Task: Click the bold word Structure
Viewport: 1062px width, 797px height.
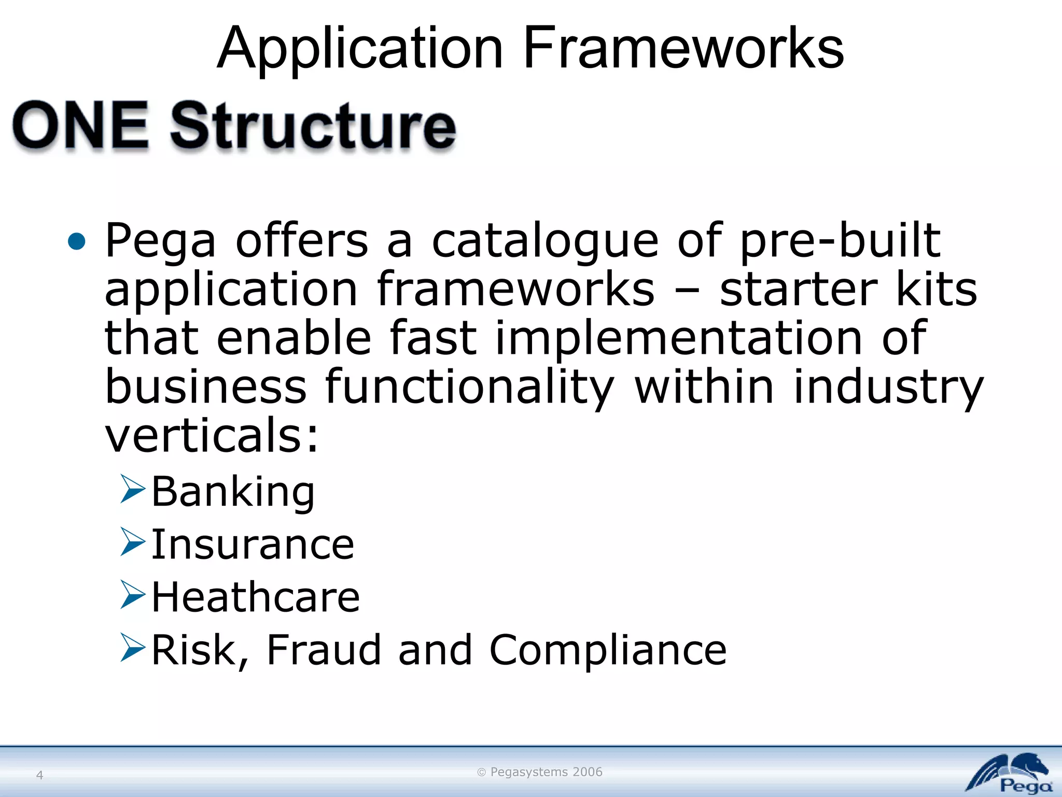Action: pos(313,126)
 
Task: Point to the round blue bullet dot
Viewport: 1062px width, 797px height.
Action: pos(77,241)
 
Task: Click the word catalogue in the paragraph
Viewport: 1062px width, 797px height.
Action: pos(544,241)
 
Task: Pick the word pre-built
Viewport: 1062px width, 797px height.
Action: pos(840,241)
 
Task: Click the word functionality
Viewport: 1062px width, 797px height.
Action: pos(470,387)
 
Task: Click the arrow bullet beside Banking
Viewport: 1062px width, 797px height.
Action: pos(133,489)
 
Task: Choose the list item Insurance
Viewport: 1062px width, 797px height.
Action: pos(253,544)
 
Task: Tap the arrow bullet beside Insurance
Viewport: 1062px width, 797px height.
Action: pos(133,542)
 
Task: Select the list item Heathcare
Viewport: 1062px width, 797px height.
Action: pos(256,597)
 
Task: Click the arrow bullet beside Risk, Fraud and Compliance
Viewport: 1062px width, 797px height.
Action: pos(133,647)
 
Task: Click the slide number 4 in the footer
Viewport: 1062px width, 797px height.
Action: pos(39,775)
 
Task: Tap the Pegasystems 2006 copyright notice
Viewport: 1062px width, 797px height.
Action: pos(540,772)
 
